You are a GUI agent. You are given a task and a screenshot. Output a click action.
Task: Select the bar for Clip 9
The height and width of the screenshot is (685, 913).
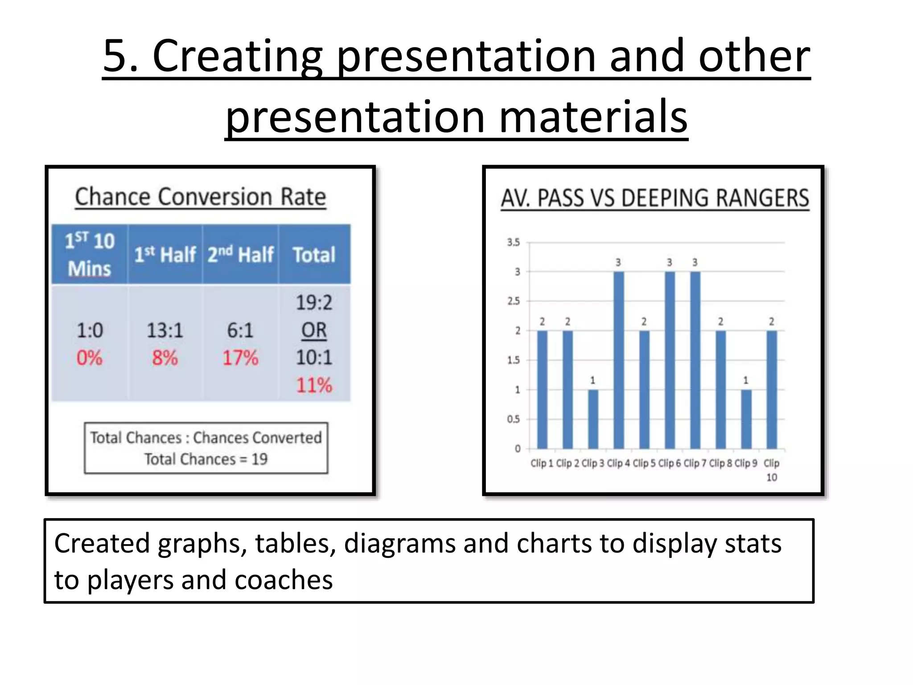(x=746, y=419)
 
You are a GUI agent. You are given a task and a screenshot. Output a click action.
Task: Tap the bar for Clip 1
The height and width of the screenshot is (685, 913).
(x=542, y=389)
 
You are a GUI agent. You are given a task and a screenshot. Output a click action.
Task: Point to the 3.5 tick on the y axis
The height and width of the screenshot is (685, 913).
(x=513, y=243)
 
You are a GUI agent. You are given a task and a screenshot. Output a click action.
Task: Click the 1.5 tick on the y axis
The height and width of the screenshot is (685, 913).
(x=513, y=360)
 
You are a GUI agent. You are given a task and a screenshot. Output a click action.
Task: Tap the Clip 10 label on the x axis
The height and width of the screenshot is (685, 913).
(x=771, y=470)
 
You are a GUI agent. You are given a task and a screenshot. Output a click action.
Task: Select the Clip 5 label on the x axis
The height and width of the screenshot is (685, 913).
(x=644, y=463)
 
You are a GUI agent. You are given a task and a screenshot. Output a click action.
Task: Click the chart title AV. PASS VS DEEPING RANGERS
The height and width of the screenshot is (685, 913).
(x=655, y=198)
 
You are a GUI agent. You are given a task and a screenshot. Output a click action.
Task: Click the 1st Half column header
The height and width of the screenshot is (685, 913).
(x=165, y=255)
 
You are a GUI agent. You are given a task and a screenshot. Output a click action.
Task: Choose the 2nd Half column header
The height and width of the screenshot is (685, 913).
(x=240, y=255)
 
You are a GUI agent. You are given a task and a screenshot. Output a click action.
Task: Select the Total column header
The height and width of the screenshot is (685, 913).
(x=314, y=255)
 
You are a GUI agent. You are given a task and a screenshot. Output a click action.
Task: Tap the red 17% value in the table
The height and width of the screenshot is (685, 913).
(x=240, y=358)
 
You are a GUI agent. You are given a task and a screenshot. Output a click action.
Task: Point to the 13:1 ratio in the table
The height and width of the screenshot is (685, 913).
(x=165, y=330)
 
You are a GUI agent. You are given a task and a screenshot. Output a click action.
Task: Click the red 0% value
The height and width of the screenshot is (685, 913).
(x=90, y=358)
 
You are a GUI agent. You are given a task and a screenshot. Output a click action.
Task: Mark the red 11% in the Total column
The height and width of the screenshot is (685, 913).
(x=314, y=385)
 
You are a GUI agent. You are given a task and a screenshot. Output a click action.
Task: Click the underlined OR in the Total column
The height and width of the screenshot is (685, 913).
(x=314, y=330)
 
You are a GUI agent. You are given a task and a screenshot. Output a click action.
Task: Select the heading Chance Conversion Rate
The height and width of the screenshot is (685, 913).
(x=201, y=197)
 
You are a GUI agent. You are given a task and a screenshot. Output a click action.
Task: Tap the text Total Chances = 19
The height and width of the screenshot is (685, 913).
(x=206, y=459)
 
